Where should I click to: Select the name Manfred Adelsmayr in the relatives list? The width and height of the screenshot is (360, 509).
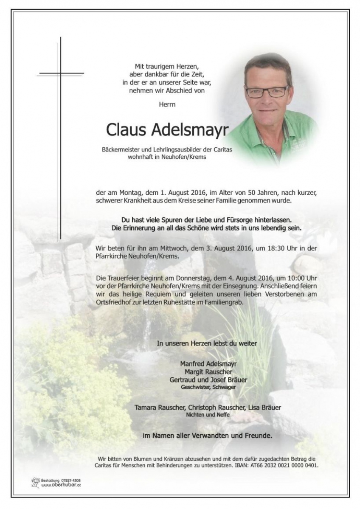[208, 363]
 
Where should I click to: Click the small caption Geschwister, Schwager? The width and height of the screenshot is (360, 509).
[208, 387]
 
